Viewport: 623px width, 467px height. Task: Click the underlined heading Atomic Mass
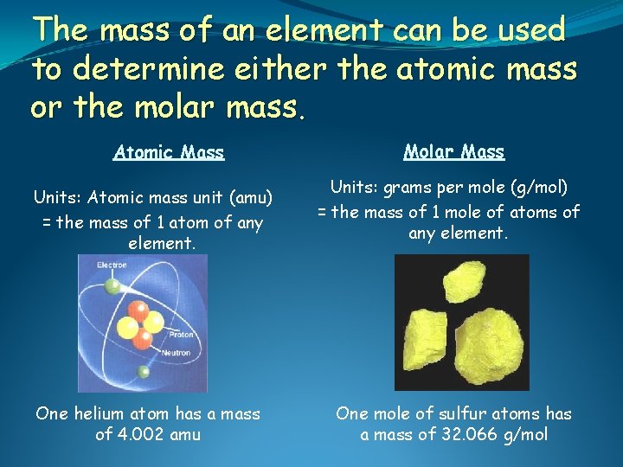pos(169,153)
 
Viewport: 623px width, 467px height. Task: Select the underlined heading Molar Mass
pos(453,152)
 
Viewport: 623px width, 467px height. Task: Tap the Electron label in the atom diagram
pos(112,265)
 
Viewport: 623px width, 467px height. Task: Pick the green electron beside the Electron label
pos(112,285)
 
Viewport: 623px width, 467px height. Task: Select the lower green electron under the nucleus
pos(143,372)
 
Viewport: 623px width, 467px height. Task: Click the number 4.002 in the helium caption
pos(146,434)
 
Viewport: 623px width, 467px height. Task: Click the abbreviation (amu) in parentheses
pos(250,197)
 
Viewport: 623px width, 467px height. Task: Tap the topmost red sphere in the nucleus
pos(137,310)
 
